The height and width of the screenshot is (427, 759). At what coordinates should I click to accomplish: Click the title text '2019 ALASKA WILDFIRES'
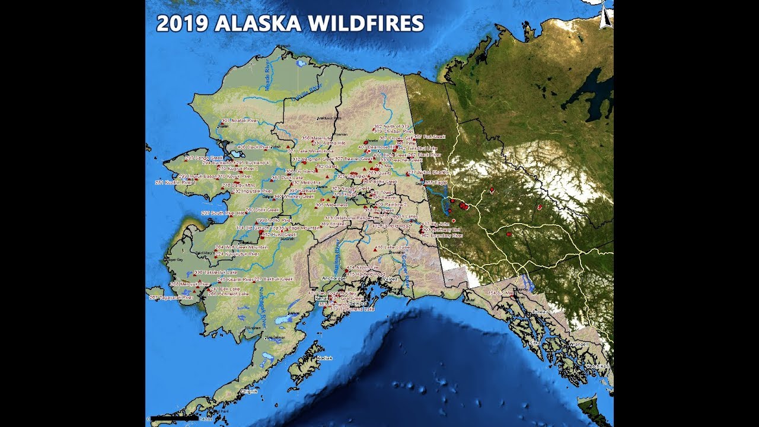pos(290,23)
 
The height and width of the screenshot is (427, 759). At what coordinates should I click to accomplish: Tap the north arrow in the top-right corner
pos(606,17)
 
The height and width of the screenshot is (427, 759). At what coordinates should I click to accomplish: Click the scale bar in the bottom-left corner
pos(174,418)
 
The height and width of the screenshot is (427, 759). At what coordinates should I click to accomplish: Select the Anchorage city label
pos(333,278)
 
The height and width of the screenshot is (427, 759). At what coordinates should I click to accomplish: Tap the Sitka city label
pos(535,343)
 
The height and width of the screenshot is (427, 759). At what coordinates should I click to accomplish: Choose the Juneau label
pos(541,311)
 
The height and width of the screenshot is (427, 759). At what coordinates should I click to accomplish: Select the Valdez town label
pos(390,279)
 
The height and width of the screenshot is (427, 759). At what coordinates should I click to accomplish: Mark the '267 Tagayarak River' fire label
pos(171,298)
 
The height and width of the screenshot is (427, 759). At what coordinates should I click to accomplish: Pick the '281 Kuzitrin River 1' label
pos(175,183)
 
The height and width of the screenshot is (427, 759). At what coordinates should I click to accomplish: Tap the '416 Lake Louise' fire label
pos(393,247)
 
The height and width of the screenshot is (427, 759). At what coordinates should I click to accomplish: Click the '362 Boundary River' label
pos(442,235)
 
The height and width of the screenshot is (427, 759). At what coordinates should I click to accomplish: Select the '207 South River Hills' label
pos(223,213)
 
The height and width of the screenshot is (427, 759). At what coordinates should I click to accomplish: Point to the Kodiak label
pos(325,358)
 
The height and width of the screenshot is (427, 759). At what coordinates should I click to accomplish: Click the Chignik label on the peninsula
pos(247,391)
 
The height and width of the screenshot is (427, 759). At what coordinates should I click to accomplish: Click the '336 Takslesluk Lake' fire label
pos(216,272)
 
